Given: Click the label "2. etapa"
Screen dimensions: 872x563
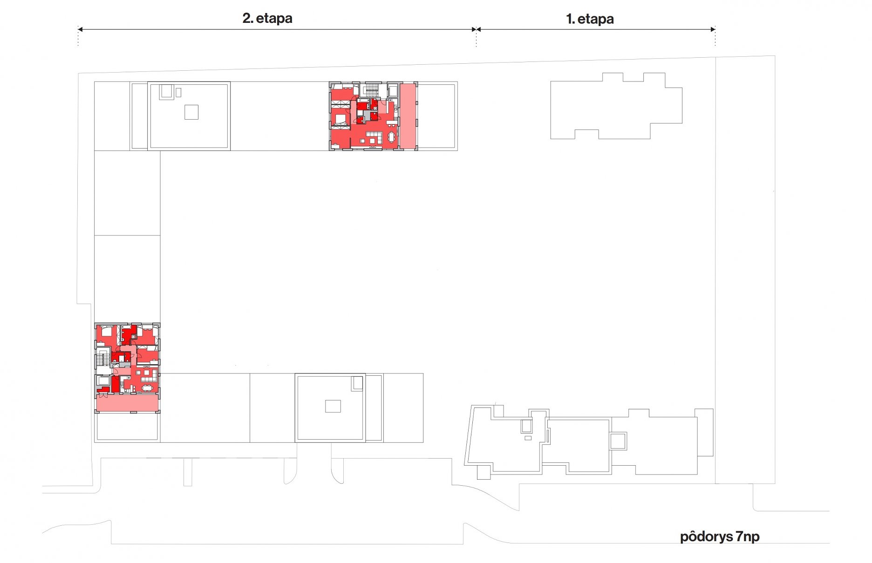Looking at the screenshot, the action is (267, 18).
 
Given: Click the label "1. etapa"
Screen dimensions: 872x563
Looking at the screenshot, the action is (590, 19).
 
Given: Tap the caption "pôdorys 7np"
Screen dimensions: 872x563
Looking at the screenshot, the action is (720, 536).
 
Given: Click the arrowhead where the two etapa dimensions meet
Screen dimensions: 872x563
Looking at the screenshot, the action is (476, 29).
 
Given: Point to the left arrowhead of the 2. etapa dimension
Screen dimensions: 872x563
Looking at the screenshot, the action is (80, 29).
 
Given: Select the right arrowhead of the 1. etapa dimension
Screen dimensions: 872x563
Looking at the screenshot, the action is (713, 29).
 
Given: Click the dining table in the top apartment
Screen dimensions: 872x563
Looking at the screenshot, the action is (391, 137).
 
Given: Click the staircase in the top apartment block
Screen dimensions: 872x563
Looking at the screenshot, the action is (371, 90).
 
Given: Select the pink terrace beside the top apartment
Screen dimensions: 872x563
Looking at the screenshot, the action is (407, 116).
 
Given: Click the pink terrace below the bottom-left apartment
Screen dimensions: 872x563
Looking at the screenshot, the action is (127, 403).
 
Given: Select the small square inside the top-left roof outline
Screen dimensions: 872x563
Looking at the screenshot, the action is (191, 112).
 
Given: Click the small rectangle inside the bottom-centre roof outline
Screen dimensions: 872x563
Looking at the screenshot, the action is (333, 406).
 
